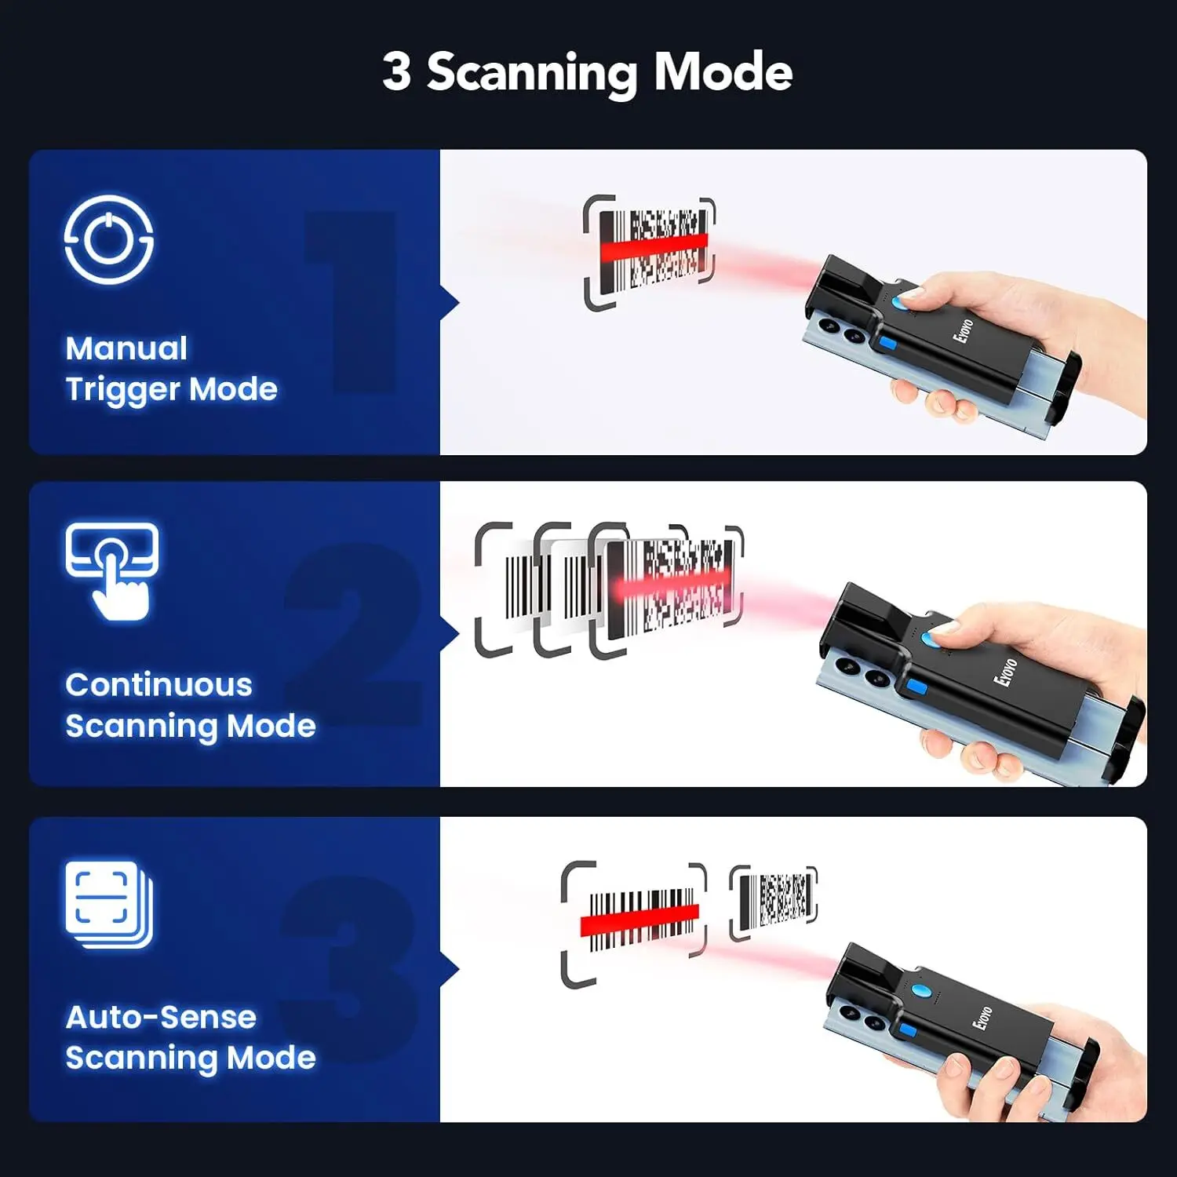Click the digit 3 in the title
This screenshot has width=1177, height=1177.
pyautogui.click(x=397, y=71)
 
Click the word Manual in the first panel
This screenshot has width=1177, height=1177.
pyautogui.click(x=126, y=348)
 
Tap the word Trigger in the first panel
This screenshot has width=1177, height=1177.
pyautogui.click(x=123, y=390)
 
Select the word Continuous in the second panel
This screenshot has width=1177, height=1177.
pyautogui.click(x=159, y=685)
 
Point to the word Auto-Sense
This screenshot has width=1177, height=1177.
pyautogui.click(x=161, y=1018)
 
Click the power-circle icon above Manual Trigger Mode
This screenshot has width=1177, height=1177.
pyautogui.click(x=108, y=239)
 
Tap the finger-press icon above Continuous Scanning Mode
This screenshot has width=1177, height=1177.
pyautogui.click(x=112, y=571)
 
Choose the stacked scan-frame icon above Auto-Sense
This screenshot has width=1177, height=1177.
pyautogui.click(x=108, y=905)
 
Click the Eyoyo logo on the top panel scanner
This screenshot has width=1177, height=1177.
pyautogui.click(x=964, y=330)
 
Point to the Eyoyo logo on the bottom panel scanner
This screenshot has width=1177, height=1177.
pyautogui.click(x=982, y=1018)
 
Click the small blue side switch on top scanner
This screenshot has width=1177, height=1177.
pyautogui.click(x=887, y=344)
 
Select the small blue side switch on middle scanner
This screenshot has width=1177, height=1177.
pyautogui.click(x=915, y=688)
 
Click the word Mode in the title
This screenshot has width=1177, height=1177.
pyautogui.click(x=723, y=71)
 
